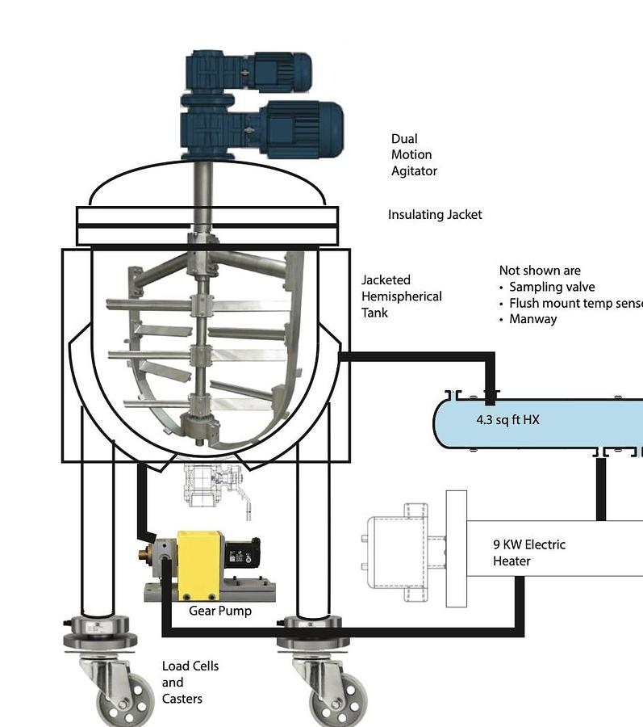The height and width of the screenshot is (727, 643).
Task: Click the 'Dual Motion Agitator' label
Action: coord(414,155)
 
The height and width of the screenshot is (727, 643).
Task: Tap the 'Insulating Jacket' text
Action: coord(435,215)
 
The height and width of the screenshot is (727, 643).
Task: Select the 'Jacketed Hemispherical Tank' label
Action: coord(401,296)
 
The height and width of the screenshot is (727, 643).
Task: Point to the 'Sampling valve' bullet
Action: coord(552,287)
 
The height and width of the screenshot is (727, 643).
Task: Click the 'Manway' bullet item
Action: coord(532,319)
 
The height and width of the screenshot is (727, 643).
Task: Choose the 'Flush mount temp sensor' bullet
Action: coord(574,303)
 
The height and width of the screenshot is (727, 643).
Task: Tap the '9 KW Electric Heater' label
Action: coord(528,553)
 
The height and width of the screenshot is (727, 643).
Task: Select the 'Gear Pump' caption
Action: coord(219,611)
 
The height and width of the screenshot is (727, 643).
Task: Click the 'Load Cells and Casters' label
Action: coord(190,682)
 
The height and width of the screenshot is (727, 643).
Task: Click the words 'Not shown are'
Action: coord(540,271)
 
